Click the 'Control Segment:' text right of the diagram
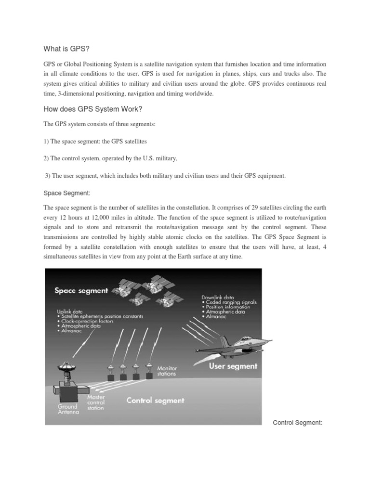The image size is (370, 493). click(x=297, y=423)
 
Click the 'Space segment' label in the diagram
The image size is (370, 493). click(x=81, y=290)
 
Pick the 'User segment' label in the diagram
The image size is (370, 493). click(x=233, y=366)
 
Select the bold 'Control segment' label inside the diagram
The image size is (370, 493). click(x=155, y=400)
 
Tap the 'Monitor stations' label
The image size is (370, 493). click(x=167, y=370)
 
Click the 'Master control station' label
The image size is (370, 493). click(x=96, y=402)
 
